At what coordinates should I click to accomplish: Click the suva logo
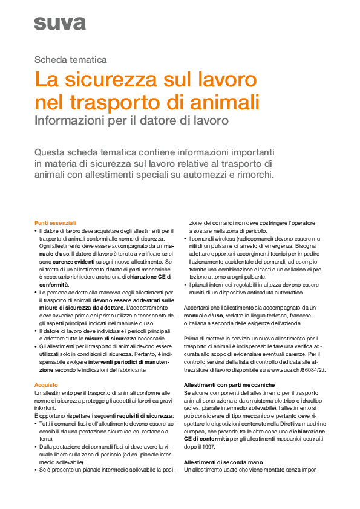point(60,23)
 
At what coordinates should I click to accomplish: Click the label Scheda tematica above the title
point(71,60)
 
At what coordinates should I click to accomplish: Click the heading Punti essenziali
point(55,223)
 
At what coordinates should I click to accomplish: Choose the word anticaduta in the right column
point(254,292)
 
